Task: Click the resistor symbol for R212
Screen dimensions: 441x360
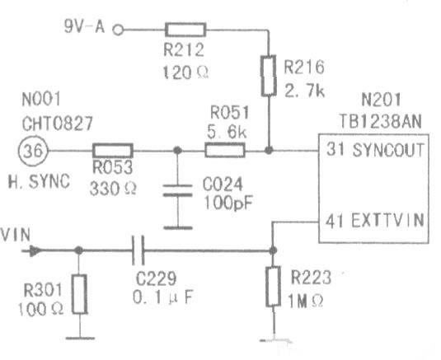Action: click(x=185, y=30)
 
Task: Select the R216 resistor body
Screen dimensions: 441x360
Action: click(x=269, y=76)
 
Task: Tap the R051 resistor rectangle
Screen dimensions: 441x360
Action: click(x=225, y=151)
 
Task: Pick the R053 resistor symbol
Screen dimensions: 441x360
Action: click(x=112, y=151)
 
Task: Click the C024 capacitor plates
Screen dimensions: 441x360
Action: click(x=178, y=190)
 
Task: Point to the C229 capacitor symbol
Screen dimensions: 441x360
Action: click(x=138, y=250)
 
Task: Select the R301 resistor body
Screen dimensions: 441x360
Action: click(x=80, y=294)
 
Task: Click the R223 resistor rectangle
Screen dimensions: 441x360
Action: click(x=273, y=286)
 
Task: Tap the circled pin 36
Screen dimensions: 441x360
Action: click(x=33, y=151)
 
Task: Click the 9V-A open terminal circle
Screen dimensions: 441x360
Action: click(x=118, y=30)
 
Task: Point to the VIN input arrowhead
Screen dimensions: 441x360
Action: click(x=35, y=251)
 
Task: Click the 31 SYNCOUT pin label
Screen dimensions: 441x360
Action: click(x=375, y=149)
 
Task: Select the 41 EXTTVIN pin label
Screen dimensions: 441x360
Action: click(x=374, y=220)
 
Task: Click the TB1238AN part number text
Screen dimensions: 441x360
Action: click(x=380, y=122)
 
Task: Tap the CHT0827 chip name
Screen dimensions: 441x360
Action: click(x=58, y=124)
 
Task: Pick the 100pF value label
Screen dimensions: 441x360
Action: click(x=228, y=203)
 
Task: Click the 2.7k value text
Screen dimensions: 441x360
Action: click(x=305, y=91)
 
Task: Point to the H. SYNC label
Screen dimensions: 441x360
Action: click(x=39, y=181)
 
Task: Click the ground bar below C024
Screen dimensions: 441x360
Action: click(x=178, y=228)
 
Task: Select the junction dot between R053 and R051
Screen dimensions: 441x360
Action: click(x=177, y=151)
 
